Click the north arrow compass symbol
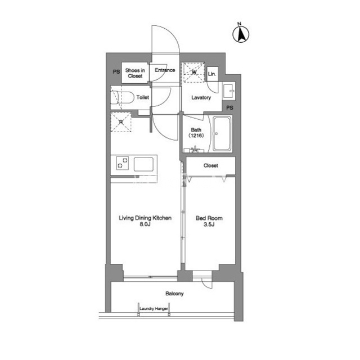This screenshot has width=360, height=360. point(241,34)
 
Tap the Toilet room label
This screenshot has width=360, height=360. point(142,97)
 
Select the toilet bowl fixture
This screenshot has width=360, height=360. point(122,98)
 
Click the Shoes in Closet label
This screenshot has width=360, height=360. point(135,73)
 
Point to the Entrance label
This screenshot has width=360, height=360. point(165,70)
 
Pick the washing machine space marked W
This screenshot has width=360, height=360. point(194,73)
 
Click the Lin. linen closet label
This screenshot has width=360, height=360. point(212,74)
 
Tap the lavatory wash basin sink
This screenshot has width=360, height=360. point(229,91)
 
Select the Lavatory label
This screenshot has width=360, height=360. point(201,97)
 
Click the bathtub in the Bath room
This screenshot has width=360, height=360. point(222,134)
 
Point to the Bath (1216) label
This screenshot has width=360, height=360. point(196,133)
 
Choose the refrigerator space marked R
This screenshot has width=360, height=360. point(121,122)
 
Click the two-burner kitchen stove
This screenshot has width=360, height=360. point(123,163)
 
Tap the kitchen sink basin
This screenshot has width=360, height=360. point(144,164)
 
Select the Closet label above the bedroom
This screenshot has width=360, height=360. point(211,165)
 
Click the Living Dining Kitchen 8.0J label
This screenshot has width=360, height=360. point(145,221)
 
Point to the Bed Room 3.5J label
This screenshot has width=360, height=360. point(209,221)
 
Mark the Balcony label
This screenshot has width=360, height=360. point(174,294)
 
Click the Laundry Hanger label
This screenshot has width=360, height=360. point(154,309)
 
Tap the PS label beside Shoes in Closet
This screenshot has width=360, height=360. point(116,71)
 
